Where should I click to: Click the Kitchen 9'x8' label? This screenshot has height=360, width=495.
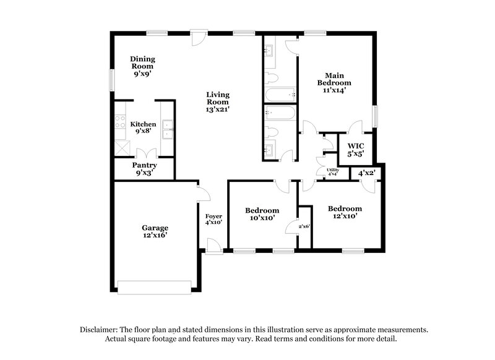coord(143,128)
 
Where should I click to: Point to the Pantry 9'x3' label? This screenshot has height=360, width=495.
coord(144,169)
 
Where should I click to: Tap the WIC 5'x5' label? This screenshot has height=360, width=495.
coord(355,148)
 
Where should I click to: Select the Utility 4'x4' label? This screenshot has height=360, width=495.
coord(332,171)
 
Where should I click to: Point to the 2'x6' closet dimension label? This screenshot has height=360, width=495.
coord(304,226)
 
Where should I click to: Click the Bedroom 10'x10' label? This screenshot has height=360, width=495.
coord(262,214)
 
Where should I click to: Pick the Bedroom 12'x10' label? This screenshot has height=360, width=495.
coord(345,212)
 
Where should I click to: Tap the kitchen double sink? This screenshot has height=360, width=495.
coord(167,129)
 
